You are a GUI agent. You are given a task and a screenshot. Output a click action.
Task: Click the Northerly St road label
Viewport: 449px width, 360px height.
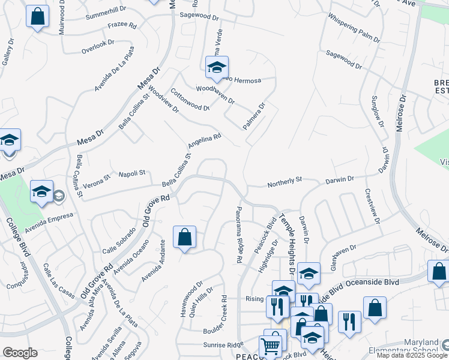click(x=285, y=179)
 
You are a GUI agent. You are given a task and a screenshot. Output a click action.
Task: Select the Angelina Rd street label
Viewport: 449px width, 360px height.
click(x=205, y=141)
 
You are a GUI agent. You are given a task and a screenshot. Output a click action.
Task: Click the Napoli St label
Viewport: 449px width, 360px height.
click(x=133, y=173)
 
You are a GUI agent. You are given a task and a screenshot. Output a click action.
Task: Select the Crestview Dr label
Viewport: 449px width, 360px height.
click(x=372, y=207)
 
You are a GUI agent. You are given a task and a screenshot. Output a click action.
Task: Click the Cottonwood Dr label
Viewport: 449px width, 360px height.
click(x=190, y=100)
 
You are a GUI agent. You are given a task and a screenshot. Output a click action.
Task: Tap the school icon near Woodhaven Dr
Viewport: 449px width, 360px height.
click(x=217, y=67)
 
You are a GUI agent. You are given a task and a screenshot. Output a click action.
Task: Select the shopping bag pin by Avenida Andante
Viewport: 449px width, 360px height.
click(x=184, y=237)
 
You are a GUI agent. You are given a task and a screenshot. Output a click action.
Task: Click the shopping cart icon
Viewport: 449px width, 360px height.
click(x=270, y=346)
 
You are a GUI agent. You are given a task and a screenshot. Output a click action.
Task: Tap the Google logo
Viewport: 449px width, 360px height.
click(x=20, y=353)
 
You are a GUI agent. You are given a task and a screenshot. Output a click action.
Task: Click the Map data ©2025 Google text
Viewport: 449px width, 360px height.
click(x=412, y=355)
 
